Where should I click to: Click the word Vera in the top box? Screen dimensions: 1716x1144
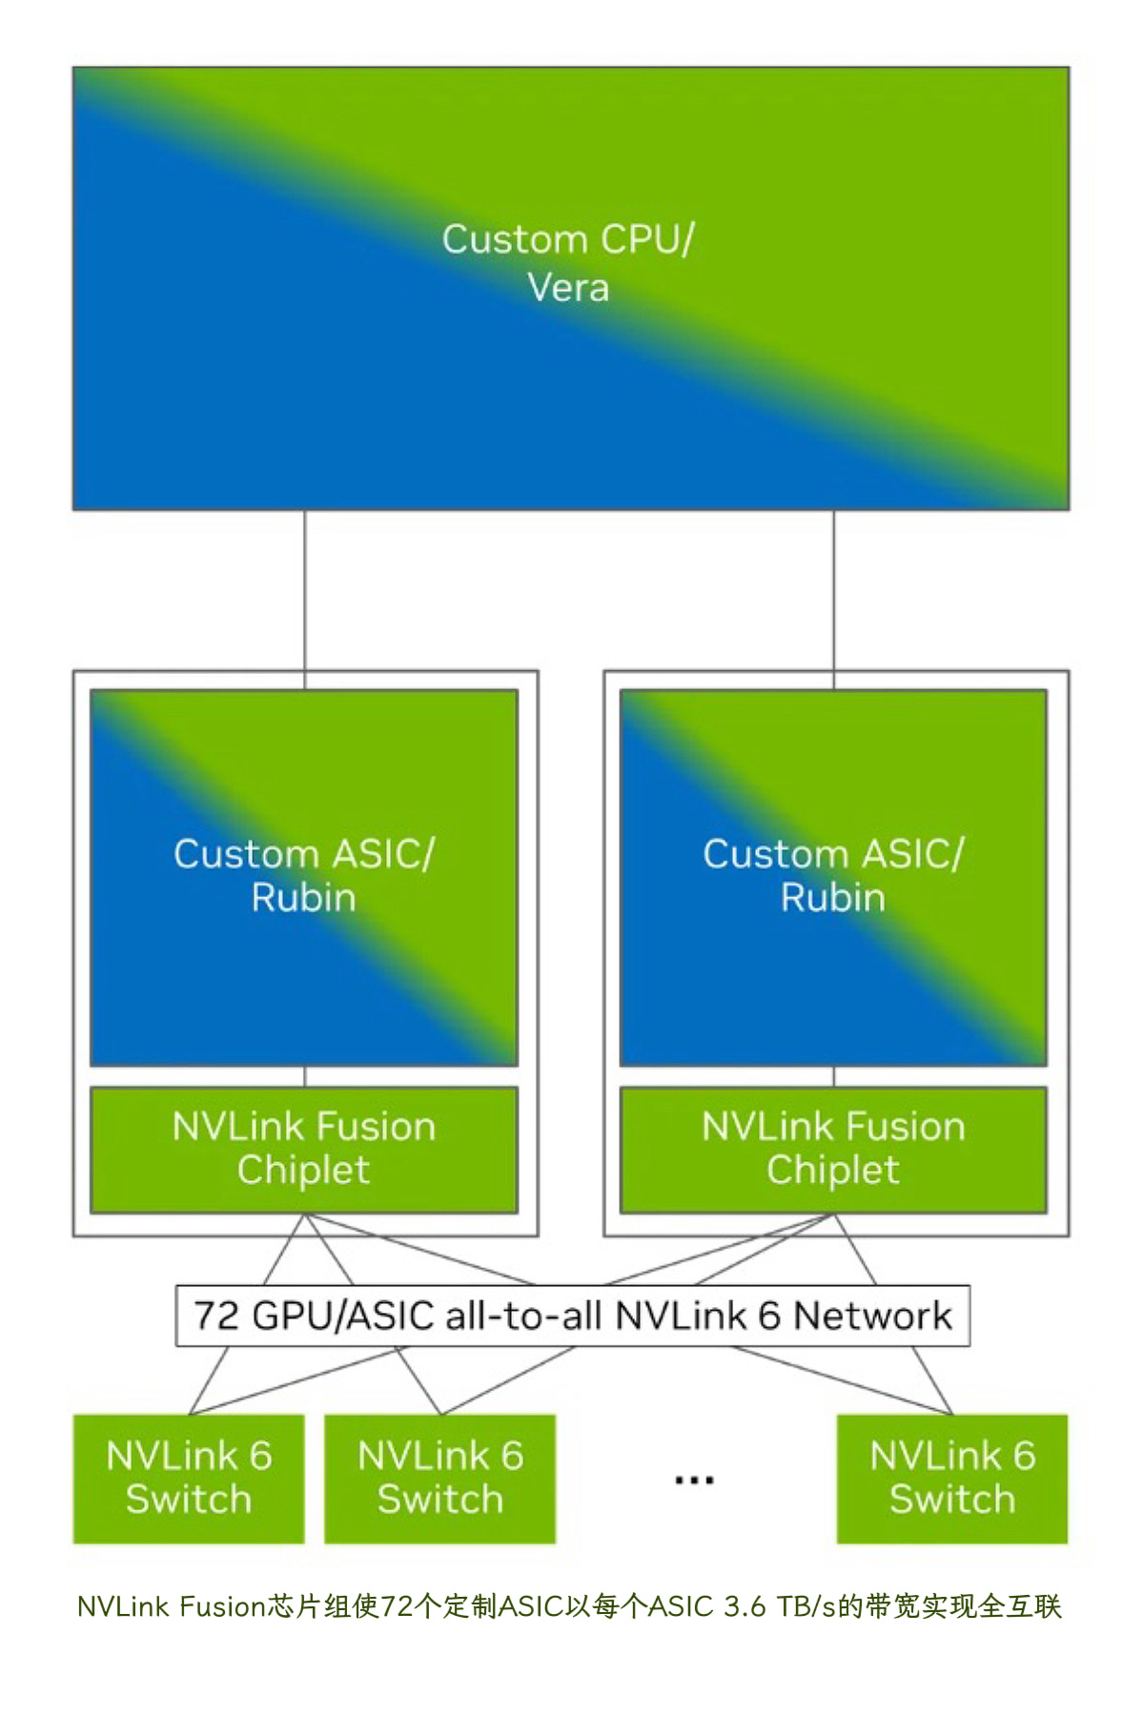[568, 288]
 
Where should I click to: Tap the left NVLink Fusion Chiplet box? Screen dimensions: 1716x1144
[304, 1150]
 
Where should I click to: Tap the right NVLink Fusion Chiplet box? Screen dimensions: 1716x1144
[833, 1150]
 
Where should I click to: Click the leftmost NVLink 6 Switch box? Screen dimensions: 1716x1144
[189, 1479]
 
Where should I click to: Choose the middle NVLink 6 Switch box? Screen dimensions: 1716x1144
[439, 1479]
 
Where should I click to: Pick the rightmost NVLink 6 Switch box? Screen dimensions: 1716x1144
[951, 1479]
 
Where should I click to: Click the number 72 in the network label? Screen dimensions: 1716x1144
[216, 1316]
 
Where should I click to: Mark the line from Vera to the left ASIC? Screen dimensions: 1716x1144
[305, 591]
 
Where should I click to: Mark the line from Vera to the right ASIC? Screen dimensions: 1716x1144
[834, 591]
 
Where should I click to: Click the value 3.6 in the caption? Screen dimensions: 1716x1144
[745, 1607]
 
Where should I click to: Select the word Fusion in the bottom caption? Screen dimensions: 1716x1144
[222, 1607]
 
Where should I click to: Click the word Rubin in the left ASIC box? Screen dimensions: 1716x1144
[304, 898]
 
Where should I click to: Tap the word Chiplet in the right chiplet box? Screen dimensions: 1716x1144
[833, 1171]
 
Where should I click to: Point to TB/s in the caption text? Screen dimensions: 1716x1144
[806, 1607]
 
